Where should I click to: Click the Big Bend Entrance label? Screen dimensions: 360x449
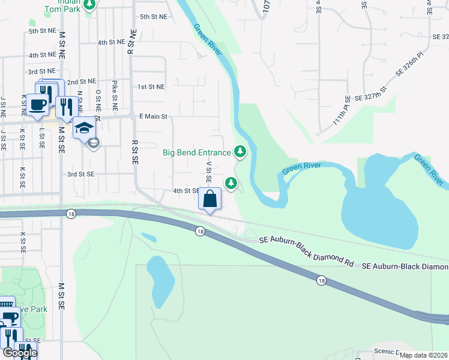coord(197,152)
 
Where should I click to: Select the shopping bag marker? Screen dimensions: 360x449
coord(210,199)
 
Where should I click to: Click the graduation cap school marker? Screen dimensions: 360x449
coord(84,128)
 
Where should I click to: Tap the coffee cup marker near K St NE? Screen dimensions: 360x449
coord(37,103)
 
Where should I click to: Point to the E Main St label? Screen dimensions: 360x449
coord(152,116)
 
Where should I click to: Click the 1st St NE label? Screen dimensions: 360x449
coord(151,87)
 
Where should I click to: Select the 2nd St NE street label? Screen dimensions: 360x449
coord(81,81)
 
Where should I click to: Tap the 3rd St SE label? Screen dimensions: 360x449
coord(80,174)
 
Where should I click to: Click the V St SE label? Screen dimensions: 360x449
coord(209,172)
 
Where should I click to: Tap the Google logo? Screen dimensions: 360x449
coord(20,353)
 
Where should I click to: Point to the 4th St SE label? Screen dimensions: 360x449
coord(185,191)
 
